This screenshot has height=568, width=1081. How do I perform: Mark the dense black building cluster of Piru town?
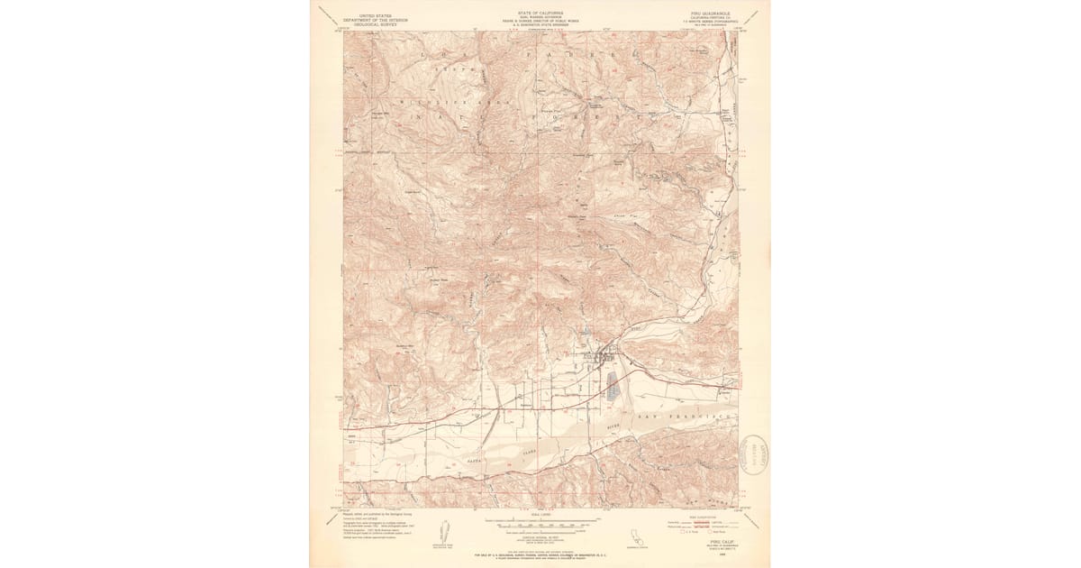[601, 358]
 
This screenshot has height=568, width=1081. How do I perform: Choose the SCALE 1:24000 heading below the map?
[540, 515]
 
